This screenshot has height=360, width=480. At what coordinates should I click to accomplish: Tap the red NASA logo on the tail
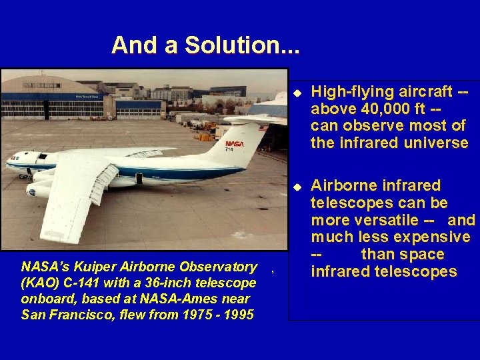click(235, 144)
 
